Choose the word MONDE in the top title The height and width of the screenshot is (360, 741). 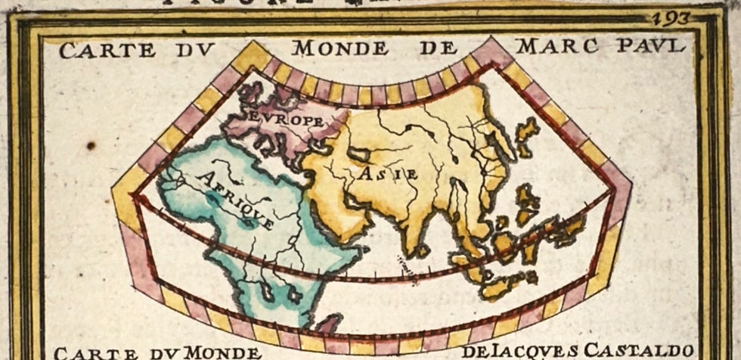click(x=340, y=48)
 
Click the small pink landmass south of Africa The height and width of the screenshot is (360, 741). click(x=327, y=324)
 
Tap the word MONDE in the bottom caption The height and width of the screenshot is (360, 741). click(x=222, y=352)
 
